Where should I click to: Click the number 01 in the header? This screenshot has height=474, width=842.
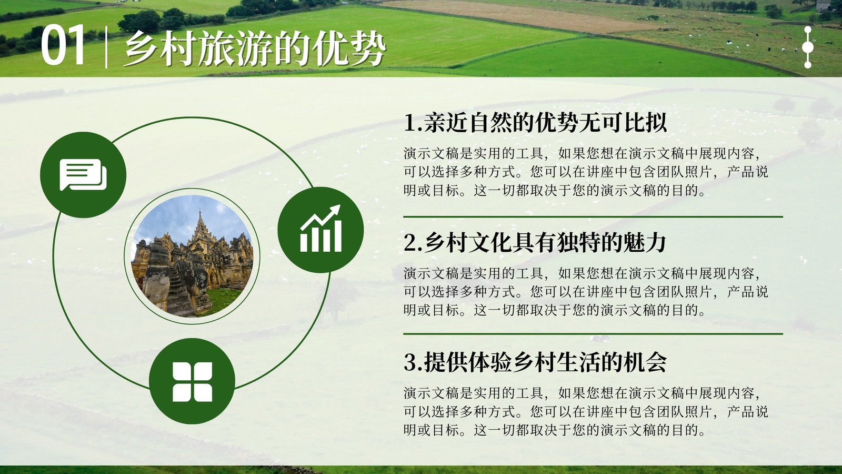pyautogui.click(x=63, y=46)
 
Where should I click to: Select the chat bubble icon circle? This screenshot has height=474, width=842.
pyautogui.click(x=83, y=174)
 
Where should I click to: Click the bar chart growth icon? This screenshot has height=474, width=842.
pyautogui.click(x=320, y=230)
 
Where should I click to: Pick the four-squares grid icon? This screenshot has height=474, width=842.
pyautogui.click(x=192, y=381)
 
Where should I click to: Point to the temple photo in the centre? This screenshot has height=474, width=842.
pyautogui.click(x=192, y=256)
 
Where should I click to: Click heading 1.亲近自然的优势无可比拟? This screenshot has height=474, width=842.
pyautogui.click(x=535, y=123)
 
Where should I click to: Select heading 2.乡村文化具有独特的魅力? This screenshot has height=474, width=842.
pyautogui.click(x=535, y=243)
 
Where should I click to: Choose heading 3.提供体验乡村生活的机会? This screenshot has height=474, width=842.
pyautogui.click(x=535, y=362)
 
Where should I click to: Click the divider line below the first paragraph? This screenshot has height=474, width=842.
pyautogui.click(x=593, y=217)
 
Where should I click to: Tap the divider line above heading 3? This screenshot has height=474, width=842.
pyautogui.click(x=593, y=334)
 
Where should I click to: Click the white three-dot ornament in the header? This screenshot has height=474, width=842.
pyautogui.click(x=807, y=47)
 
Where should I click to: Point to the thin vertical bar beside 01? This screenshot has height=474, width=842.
pyautogui.click(x=106, y=47)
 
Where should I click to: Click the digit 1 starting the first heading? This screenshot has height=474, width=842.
pyautogui.click(x=410, y=123)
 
